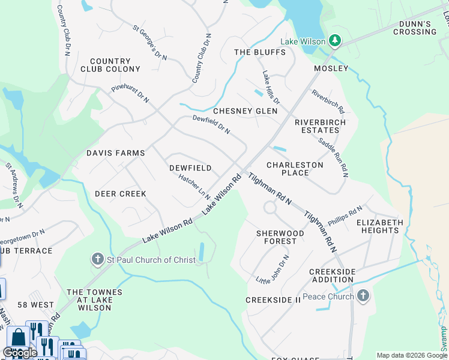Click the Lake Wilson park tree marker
(x=335, y=41)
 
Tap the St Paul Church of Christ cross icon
(x=97, y=259)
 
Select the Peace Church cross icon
(x=362, y=296)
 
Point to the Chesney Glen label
(x=246, y=111)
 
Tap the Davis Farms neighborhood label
(x=116, y=153)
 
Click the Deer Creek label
(x=121, y=194)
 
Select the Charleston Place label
(x=295, y=169)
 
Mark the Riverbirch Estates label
(x=321, y=126)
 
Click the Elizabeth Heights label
(x=380, y=226)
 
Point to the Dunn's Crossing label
(x=415, y=28)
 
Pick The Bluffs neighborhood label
(x=260, y=52)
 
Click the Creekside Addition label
(x=332, y=275)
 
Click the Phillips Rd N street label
(x=345, y=216)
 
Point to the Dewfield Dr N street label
(x=211, y=124)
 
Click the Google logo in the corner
(x=20, y=353)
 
